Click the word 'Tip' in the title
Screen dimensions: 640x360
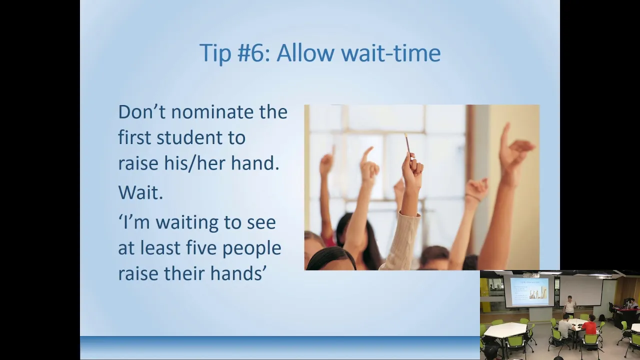point(215,53)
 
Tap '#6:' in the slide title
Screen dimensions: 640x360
point(253,53)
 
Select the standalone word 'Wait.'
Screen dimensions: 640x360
point(140,192)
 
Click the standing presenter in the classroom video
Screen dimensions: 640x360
point(569,305)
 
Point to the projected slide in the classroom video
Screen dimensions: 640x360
point(529,292)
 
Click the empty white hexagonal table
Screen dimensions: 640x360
point(505,330)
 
